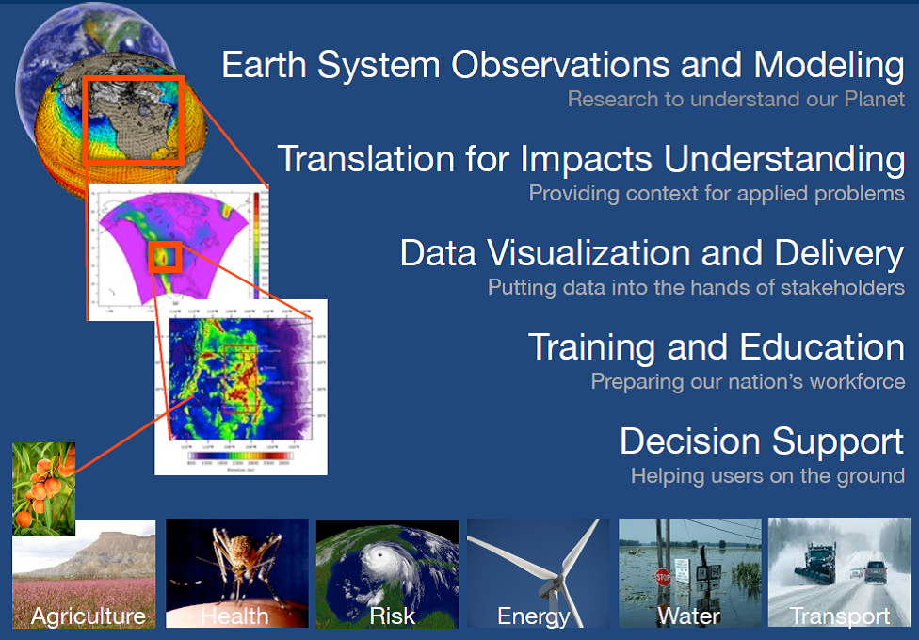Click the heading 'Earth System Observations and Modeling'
(562, 66)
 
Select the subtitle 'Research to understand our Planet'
(735, 100)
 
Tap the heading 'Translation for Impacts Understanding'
(591, 159)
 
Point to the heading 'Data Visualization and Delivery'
(652, 253)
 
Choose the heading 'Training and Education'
(716, 347)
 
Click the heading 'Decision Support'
(761, 441)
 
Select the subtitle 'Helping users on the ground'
(767, 476)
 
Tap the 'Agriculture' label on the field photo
(89, 616)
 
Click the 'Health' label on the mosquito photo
(235, 616)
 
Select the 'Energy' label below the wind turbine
(534, 616)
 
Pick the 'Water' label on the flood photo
(688, 616)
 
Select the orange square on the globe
(133, 120)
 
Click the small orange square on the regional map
(165, 256)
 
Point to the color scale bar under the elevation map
(240, 456)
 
